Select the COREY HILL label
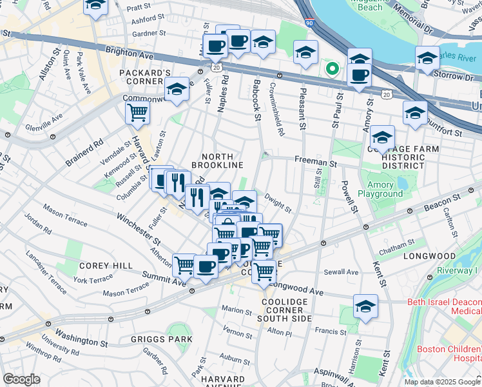tap(106, 265)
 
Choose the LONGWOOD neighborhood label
tap(429, 256)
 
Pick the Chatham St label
tap(397, 246)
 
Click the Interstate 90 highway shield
tap(309, 23)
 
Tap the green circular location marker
tap(333, 68)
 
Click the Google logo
tap(21, 379)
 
